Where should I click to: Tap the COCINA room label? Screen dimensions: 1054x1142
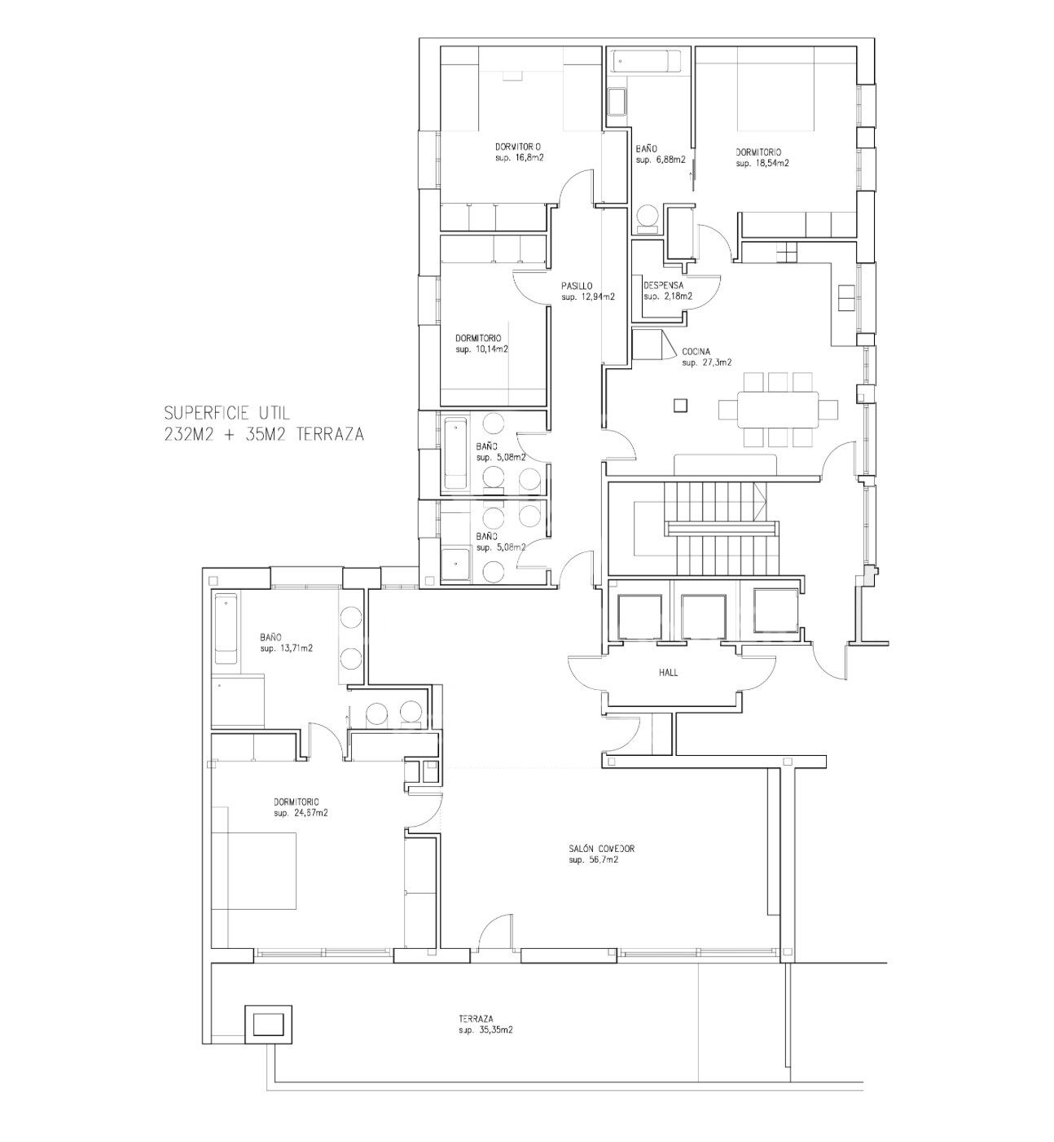coord(696,351)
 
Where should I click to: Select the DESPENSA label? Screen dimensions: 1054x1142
coord(664,285)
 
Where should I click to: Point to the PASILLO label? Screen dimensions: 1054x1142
coord(577,286)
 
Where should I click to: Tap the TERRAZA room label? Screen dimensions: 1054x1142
coord(476,1018)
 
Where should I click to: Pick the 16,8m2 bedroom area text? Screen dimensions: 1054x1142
coord(528,157)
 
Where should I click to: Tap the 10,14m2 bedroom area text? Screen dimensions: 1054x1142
coord(490,349)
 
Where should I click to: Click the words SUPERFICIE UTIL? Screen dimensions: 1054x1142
coord(227,413)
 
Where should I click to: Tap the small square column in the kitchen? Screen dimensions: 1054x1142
coord(680,406)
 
